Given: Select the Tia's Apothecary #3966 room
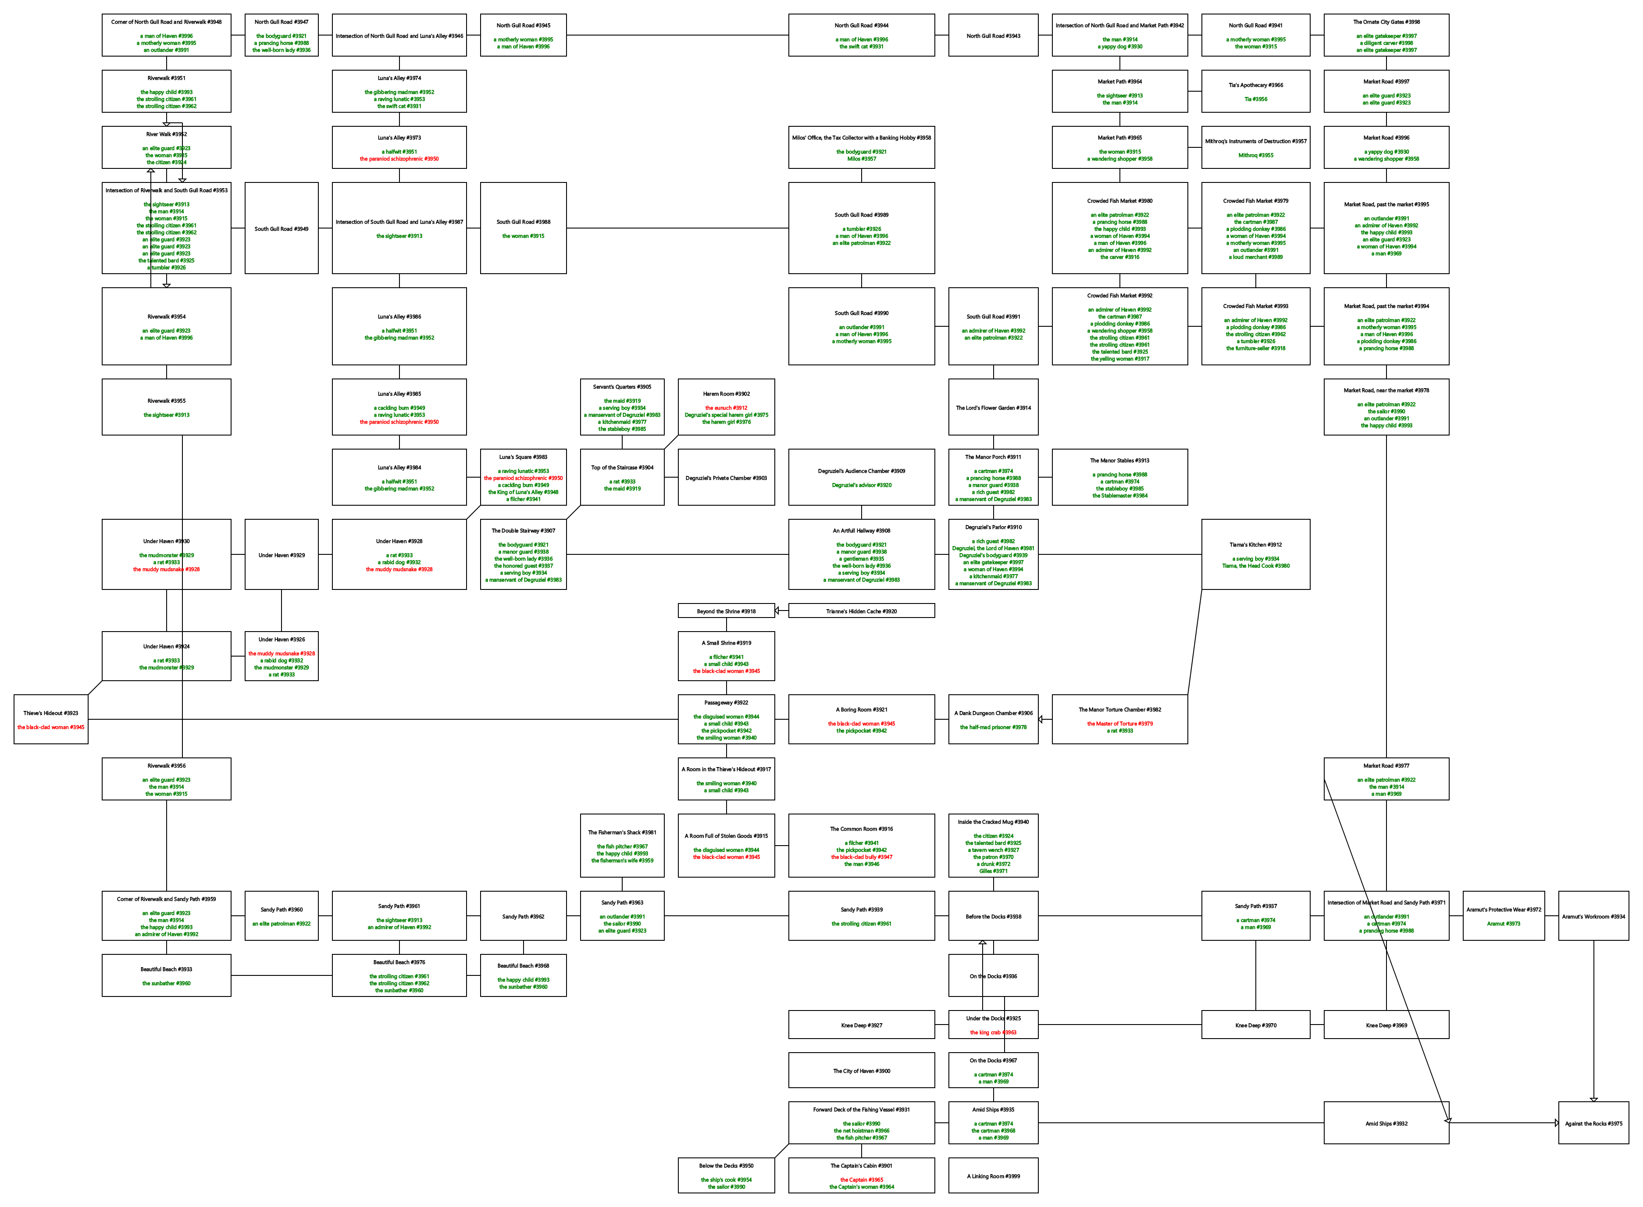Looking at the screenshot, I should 1255,91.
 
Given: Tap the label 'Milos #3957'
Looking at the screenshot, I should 861,158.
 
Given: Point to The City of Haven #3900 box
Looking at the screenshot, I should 861,1070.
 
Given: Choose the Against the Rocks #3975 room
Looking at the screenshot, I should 1593,1123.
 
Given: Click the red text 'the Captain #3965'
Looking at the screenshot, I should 861,1179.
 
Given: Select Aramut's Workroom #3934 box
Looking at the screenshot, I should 1593,916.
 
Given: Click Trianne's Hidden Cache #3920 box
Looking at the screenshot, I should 861,611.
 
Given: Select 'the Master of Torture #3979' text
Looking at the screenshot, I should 1119,723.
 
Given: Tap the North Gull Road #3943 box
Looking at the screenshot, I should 993,35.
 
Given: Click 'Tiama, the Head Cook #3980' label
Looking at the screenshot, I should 1255,565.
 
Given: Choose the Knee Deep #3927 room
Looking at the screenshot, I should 861,1025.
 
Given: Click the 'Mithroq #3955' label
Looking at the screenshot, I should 1255,155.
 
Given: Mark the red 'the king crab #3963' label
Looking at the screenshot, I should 993,1032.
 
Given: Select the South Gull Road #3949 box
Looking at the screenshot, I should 281,229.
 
